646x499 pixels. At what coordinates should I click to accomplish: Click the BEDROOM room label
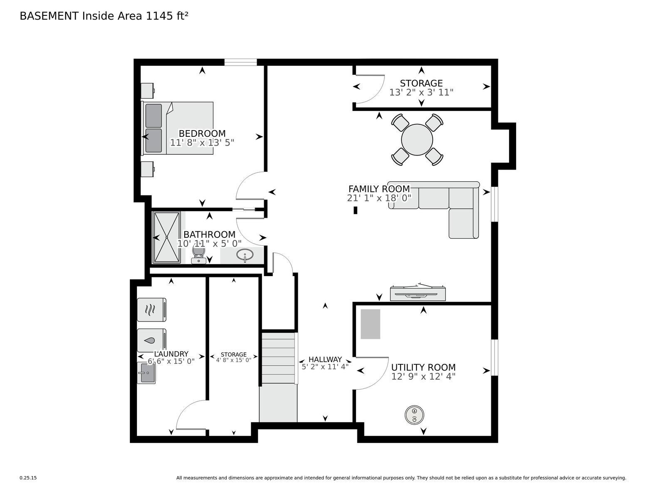[x=202, y=133]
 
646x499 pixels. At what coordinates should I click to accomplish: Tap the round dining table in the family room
[x=417, y=140]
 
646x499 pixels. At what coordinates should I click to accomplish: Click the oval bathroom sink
[x=245, y=255]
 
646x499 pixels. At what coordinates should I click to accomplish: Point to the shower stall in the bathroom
[x=166, y=237]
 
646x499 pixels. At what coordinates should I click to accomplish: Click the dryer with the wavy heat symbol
[x=151, y=310]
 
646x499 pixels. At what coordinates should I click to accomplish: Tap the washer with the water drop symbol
[x=151, y=340]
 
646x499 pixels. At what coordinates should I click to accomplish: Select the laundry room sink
[x=146, y=373]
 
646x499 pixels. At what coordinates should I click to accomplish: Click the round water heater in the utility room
[x=414, y=415]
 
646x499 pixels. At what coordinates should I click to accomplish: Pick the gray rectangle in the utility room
[x=370, y=324]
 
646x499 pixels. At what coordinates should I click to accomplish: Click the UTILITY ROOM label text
[x=423, y=367]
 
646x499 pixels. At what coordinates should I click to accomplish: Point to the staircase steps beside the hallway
[x=278, y=358]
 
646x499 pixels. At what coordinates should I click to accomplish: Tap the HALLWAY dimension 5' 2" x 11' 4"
[x=325, y=367]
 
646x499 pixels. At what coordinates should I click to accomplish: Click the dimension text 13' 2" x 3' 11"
[x=421, y=92]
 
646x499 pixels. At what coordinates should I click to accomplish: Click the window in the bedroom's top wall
[x=240, y=62]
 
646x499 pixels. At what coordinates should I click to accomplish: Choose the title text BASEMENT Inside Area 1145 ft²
[x=104, y=16]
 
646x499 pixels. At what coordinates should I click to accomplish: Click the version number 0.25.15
[x=28, y=478]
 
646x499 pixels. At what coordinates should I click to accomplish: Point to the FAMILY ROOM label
[x=379, y=189]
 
